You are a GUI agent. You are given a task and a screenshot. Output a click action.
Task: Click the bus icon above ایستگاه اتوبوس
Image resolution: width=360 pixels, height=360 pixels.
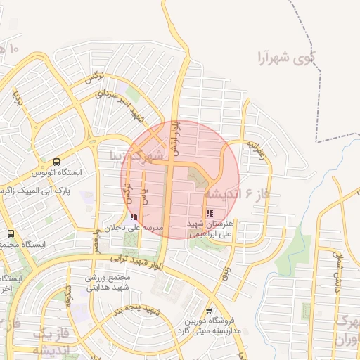56,162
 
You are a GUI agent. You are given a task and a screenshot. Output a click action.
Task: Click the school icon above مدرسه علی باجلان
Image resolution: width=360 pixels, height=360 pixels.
134,217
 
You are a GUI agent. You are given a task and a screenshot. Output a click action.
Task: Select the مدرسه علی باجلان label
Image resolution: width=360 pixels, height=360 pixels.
134,228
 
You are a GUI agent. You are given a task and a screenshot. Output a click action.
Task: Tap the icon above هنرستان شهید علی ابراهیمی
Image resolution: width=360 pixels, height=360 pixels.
210,213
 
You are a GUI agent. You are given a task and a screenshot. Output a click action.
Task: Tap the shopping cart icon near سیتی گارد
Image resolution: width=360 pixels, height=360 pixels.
209,310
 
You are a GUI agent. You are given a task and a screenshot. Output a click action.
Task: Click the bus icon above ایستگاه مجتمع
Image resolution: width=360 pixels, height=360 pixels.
11,233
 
